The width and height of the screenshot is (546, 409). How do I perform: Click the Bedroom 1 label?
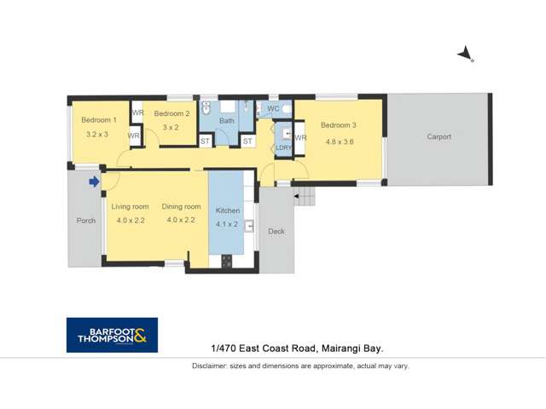[99, 120]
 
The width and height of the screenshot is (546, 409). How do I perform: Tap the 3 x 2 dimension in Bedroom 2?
[171, 127]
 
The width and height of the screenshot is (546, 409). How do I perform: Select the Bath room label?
[227, 121]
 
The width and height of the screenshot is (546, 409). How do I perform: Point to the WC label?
[273, 108]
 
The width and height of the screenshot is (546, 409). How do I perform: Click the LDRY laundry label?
[283, 147]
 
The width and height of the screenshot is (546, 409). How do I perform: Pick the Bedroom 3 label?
[339, 125]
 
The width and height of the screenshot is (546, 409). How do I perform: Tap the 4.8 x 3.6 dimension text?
[340, 141]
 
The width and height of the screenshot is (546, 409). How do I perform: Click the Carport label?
[439, 136]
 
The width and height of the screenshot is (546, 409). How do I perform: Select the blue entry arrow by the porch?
[94, 181]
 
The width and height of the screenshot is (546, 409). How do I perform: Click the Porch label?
[86, 221]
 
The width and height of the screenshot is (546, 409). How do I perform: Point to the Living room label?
[130, 206]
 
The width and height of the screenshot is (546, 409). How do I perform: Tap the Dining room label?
[181, 206]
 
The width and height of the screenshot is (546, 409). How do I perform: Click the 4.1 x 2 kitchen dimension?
[227, 224]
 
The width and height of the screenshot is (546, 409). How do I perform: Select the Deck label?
[276, 231]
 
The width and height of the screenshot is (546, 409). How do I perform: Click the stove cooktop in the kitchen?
[226, 262]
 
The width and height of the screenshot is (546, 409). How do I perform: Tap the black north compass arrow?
[465, 55]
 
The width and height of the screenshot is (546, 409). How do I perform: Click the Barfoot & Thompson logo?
[112, 335]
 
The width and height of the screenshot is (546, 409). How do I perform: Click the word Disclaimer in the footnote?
[209, 366]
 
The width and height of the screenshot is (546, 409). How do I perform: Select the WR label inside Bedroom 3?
[300, 138]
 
